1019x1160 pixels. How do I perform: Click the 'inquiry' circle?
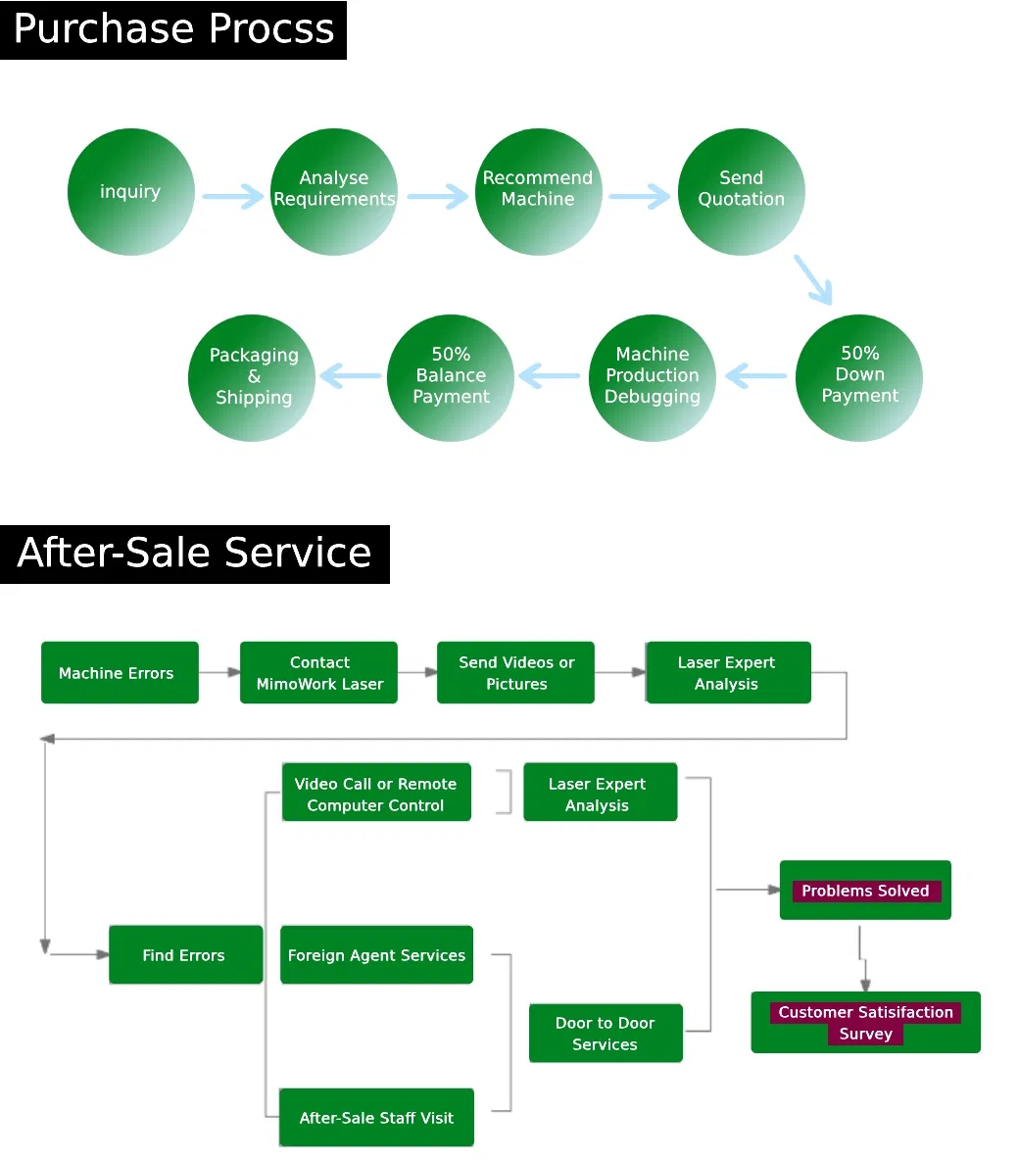click(130, 192)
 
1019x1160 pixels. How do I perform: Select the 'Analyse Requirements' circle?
click(333, 192)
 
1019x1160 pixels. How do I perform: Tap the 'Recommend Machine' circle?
click(538, 192)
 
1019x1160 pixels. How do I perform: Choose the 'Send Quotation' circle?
click(741, 192)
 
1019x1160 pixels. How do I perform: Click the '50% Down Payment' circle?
click(859, 377)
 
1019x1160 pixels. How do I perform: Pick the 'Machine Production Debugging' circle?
click(652, 377)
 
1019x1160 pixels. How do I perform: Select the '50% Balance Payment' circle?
click(451, 377)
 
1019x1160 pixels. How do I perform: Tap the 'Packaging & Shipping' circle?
click(252, 377)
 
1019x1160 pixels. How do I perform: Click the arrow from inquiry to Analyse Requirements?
click(232, 196)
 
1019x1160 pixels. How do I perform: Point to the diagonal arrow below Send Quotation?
click(813, 279)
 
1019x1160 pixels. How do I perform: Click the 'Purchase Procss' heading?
click(173, 29)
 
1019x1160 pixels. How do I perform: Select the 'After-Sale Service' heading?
click(194, 554)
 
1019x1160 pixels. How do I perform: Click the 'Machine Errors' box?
click(120, 673)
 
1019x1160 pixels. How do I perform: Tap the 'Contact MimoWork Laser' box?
click(318, 673)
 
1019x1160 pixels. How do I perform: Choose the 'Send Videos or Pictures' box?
click(515, 673)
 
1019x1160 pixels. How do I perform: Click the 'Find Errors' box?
click(185, 955)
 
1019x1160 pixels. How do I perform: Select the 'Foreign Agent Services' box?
click(376, 955)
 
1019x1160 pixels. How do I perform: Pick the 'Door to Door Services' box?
click(605, 1034)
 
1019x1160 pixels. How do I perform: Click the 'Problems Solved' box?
click(865, 891)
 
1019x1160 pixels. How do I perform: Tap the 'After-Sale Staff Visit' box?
click(376, 1118)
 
